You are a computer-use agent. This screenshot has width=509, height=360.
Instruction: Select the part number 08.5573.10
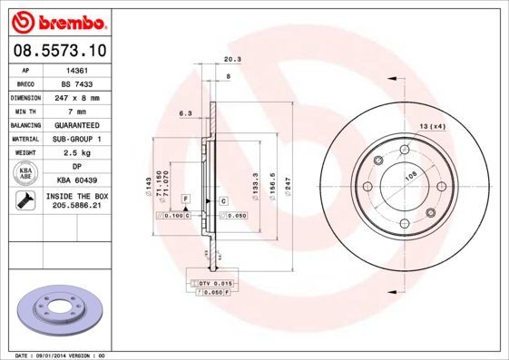[59, 51]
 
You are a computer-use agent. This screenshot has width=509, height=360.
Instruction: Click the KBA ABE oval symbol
[26, 173]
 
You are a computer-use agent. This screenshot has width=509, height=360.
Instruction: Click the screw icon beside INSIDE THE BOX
[25, 201]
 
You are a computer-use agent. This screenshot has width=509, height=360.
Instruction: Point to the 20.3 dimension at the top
[231, 61]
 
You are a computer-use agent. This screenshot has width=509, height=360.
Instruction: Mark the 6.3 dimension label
[185, 113]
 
